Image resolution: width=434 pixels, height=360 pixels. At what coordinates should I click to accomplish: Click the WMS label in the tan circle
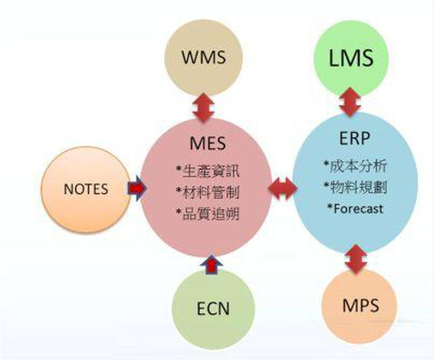coord(204,57)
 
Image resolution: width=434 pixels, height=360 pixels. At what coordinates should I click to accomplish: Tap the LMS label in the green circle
coord(351,57)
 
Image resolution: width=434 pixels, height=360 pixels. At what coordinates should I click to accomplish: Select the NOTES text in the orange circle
coord(86,189)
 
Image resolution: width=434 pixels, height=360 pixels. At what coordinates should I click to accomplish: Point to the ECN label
coord(213,309)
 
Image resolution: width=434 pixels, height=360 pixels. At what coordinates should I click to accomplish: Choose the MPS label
coord(360,306)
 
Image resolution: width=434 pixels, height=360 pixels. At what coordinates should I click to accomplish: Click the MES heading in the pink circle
coord(208,143)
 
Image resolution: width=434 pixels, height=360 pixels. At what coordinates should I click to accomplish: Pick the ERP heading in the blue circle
coord(354,138)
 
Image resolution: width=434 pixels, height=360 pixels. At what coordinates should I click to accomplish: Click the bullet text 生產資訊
coord(211,172)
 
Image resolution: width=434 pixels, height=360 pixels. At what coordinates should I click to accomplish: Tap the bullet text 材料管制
coord(211,192)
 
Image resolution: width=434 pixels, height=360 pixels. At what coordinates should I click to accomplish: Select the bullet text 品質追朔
coord(211,214)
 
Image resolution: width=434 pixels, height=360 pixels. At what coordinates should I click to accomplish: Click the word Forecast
coord(358,209)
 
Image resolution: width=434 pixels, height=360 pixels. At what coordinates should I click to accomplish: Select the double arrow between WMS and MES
coord(203,107)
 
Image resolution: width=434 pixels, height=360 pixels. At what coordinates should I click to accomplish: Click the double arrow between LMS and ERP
coord(350,102)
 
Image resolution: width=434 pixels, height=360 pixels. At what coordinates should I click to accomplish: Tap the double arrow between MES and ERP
coord(283,189)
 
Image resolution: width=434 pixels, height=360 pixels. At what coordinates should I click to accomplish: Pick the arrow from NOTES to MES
coord(136,188)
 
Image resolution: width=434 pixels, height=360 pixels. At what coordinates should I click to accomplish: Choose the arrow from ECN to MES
coord(211,265)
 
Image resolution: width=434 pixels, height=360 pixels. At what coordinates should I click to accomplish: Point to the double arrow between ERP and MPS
coord(357,260)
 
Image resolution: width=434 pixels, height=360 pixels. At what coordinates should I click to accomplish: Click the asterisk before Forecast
coord(330,207)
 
